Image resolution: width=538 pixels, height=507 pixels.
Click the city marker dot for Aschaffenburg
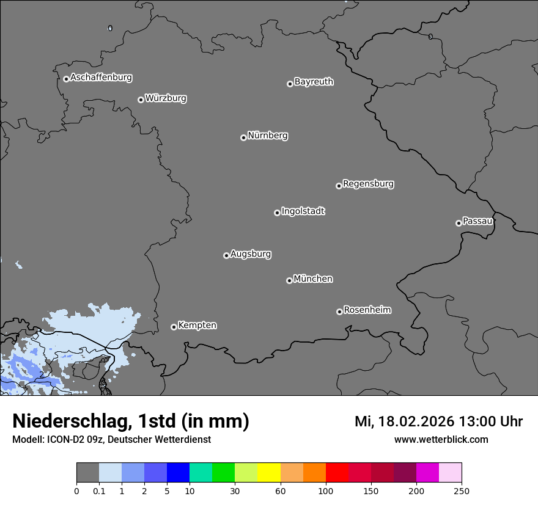click(x=66, y=79)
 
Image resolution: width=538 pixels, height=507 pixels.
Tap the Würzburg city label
click(x=166, y=98)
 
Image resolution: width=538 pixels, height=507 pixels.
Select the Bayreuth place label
click(x=314, y=82)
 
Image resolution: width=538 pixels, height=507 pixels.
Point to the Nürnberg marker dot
click(x=243, y=137)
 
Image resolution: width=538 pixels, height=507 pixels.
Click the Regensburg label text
click(x=368, y=184)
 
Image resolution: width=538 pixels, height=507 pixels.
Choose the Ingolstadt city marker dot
click(x=277, y=213)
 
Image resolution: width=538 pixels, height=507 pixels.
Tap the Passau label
click(x=477, y=221)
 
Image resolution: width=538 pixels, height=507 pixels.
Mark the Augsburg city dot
click(x=226, y=255)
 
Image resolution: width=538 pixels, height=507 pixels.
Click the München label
click(x=313, y=279)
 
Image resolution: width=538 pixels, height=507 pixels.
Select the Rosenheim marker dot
click(x=339, y=312)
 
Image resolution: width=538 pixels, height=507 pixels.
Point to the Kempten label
click(x=197, y=326)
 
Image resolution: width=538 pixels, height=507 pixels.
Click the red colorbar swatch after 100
click(x=337, y=473)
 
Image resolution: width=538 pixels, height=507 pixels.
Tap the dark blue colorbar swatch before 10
click(x=178, y=473)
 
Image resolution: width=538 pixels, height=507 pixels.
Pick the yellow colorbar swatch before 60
click(x=269, y=473)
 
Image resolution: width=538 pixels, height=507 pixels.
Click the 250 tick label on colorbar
click(x=462, y=491)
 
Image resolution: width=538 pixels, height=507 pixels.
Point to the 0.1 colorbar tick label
click(x=99, y=491)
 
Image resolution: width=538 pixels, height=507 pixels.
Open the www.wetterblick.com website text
click(x=441, y=440)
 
